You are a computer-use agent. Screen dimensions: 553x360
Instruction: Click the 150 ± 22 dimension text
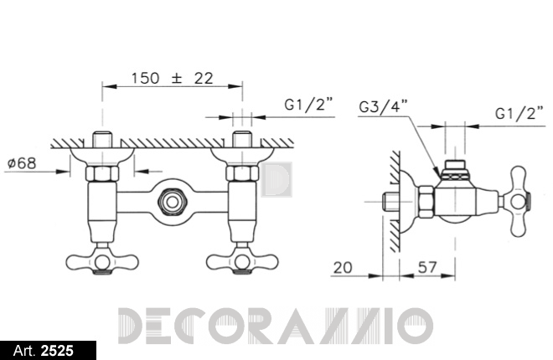pos(172,78)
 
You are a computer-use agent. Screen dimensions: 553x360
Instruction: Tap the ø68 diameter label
pos(22,163)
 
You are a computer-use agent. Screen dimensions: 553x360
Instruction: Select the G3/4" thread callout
pos(384,105)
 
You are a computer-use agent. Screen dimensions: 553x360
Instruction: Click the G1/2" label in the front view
pos(308,105)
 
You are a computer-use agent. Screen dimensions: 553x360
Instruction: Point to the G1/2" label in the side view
pos(519,113)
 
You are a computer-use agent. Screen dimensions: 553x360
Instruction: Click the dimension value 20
pos(343,268)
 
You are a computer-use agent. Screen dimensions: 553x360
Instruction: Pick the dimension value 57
pos(427,267)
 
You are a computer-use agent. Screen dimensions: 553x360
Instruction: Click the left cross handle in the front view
pos(102,260)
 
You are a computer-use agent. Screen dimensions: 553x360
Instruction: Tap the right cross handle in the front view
pos(242,260)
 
